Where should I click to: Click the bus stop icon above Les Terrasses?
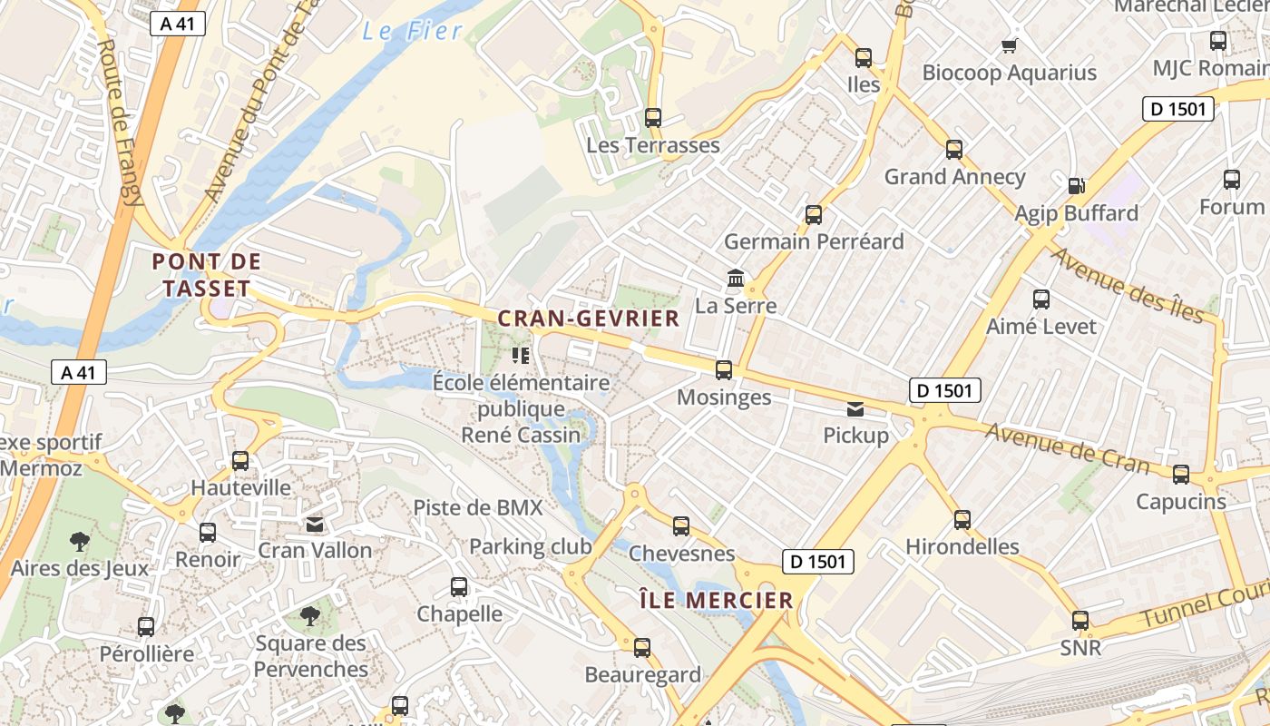[652, 117]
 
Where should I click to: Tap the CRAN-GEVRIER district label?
[588, 319]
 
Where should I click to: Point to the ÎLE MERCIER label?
[716, 600]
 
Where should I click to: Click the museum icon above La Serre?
[736, 278]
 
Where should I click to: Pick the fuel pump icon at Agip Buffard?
[1077, 185]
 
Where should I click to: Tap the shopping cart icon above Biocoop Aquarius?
[1008, 45]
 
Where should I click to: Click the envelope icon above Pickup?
[855, 408]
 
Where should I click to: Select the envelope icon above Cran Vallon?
[315, 524]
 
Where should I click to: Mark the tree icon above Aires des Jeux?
[80, 542]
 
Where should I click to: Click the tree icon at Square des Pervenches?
[310, 616]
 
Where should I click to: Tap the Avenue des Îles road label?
[1128, 284]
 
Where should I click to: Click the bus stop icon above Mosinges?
[723, 370]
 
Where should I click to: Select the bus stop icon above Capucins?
[1180, 474]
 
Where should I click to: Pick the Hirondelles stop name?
[962, 546]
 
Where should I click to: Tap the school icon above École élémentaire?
[521, 355]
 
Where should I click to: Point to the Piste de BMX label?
[477, 507]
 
